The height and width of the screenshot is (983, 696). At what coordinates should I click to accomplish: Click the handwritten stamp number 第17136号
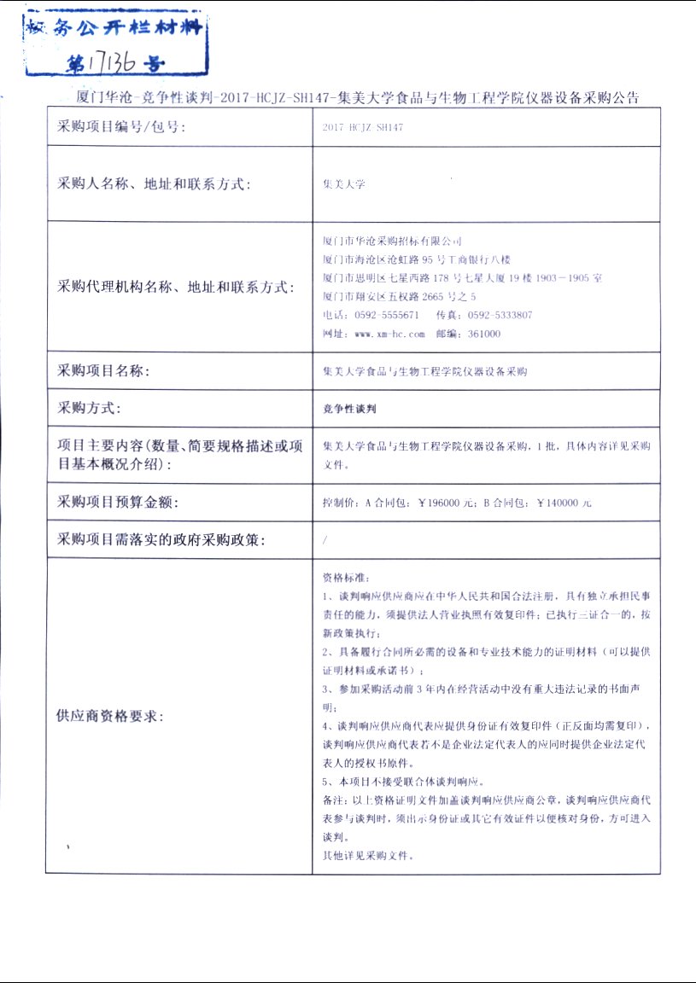114,63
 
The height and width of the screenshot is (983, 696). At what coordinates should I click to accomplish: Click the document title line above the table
357,96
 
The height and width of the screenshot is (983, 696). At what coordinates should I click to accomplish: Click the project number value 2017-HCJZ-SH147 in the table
363,128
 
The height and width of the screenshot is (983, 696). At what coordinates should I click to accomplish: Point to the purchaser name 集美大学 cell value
343,183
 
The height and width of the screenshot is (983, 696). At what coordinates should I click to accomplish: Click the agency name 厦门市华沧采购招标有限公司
392,241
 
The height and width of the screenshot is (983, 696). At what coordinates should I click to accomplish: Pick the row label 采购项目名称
103,371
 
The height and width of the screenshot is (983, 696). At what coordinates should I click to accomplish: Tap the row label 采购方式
89,409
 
